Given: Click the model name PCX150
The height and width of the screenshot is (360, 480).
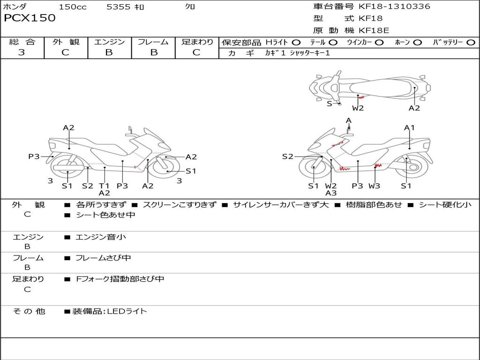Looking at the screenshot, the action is pos(30,18).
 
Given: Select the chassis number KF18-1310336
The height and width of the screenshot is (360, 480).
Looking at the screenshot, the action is pos(394,7).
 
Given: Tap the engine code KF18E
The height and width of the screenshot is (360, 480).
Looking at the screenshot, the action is pos(374,30).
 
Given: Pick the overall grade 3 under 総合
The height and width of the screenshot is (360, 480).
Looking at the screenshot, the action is pos(22,52).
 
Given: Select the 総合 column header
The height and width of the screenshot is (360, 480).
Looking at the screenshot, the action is pos(22,42).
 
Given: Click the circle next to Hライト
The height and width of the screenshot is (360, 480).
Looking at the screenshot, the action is pos(296,43).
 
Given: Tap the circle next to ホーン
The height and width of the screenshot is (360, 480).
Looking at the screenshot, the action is pos(418,43).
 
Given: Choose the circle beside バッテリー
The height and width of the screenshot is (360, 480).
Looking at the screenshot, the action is pos(471,43).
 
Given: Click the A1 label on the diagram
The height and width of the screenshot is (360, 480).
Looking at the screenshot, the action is pos(410,127).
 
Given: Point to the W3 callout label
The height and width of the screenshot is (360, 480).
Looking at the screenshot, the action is pos(374,186).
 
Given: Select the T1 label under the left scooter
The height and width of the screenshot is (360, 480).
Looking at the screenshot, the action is pos(104,186).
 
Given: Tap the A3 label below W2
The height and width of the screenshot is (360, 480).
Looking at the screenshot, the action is pos(331,193).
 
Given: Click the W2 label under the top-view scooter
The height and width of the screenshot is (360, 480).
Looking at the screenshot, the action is pos(358,108).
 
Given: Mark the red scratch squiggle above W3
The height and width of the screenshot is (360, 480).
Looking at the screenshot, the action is pos(378,165).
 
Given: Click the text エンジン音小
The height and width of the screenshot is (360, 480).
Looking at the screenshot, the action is pos(101,237).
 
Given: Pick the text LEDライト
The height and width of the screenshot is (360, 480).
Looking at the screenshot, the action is pos(127,311).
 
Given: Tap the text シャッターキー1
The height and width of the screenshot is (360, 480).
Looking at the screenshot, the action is pos(310,53).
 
